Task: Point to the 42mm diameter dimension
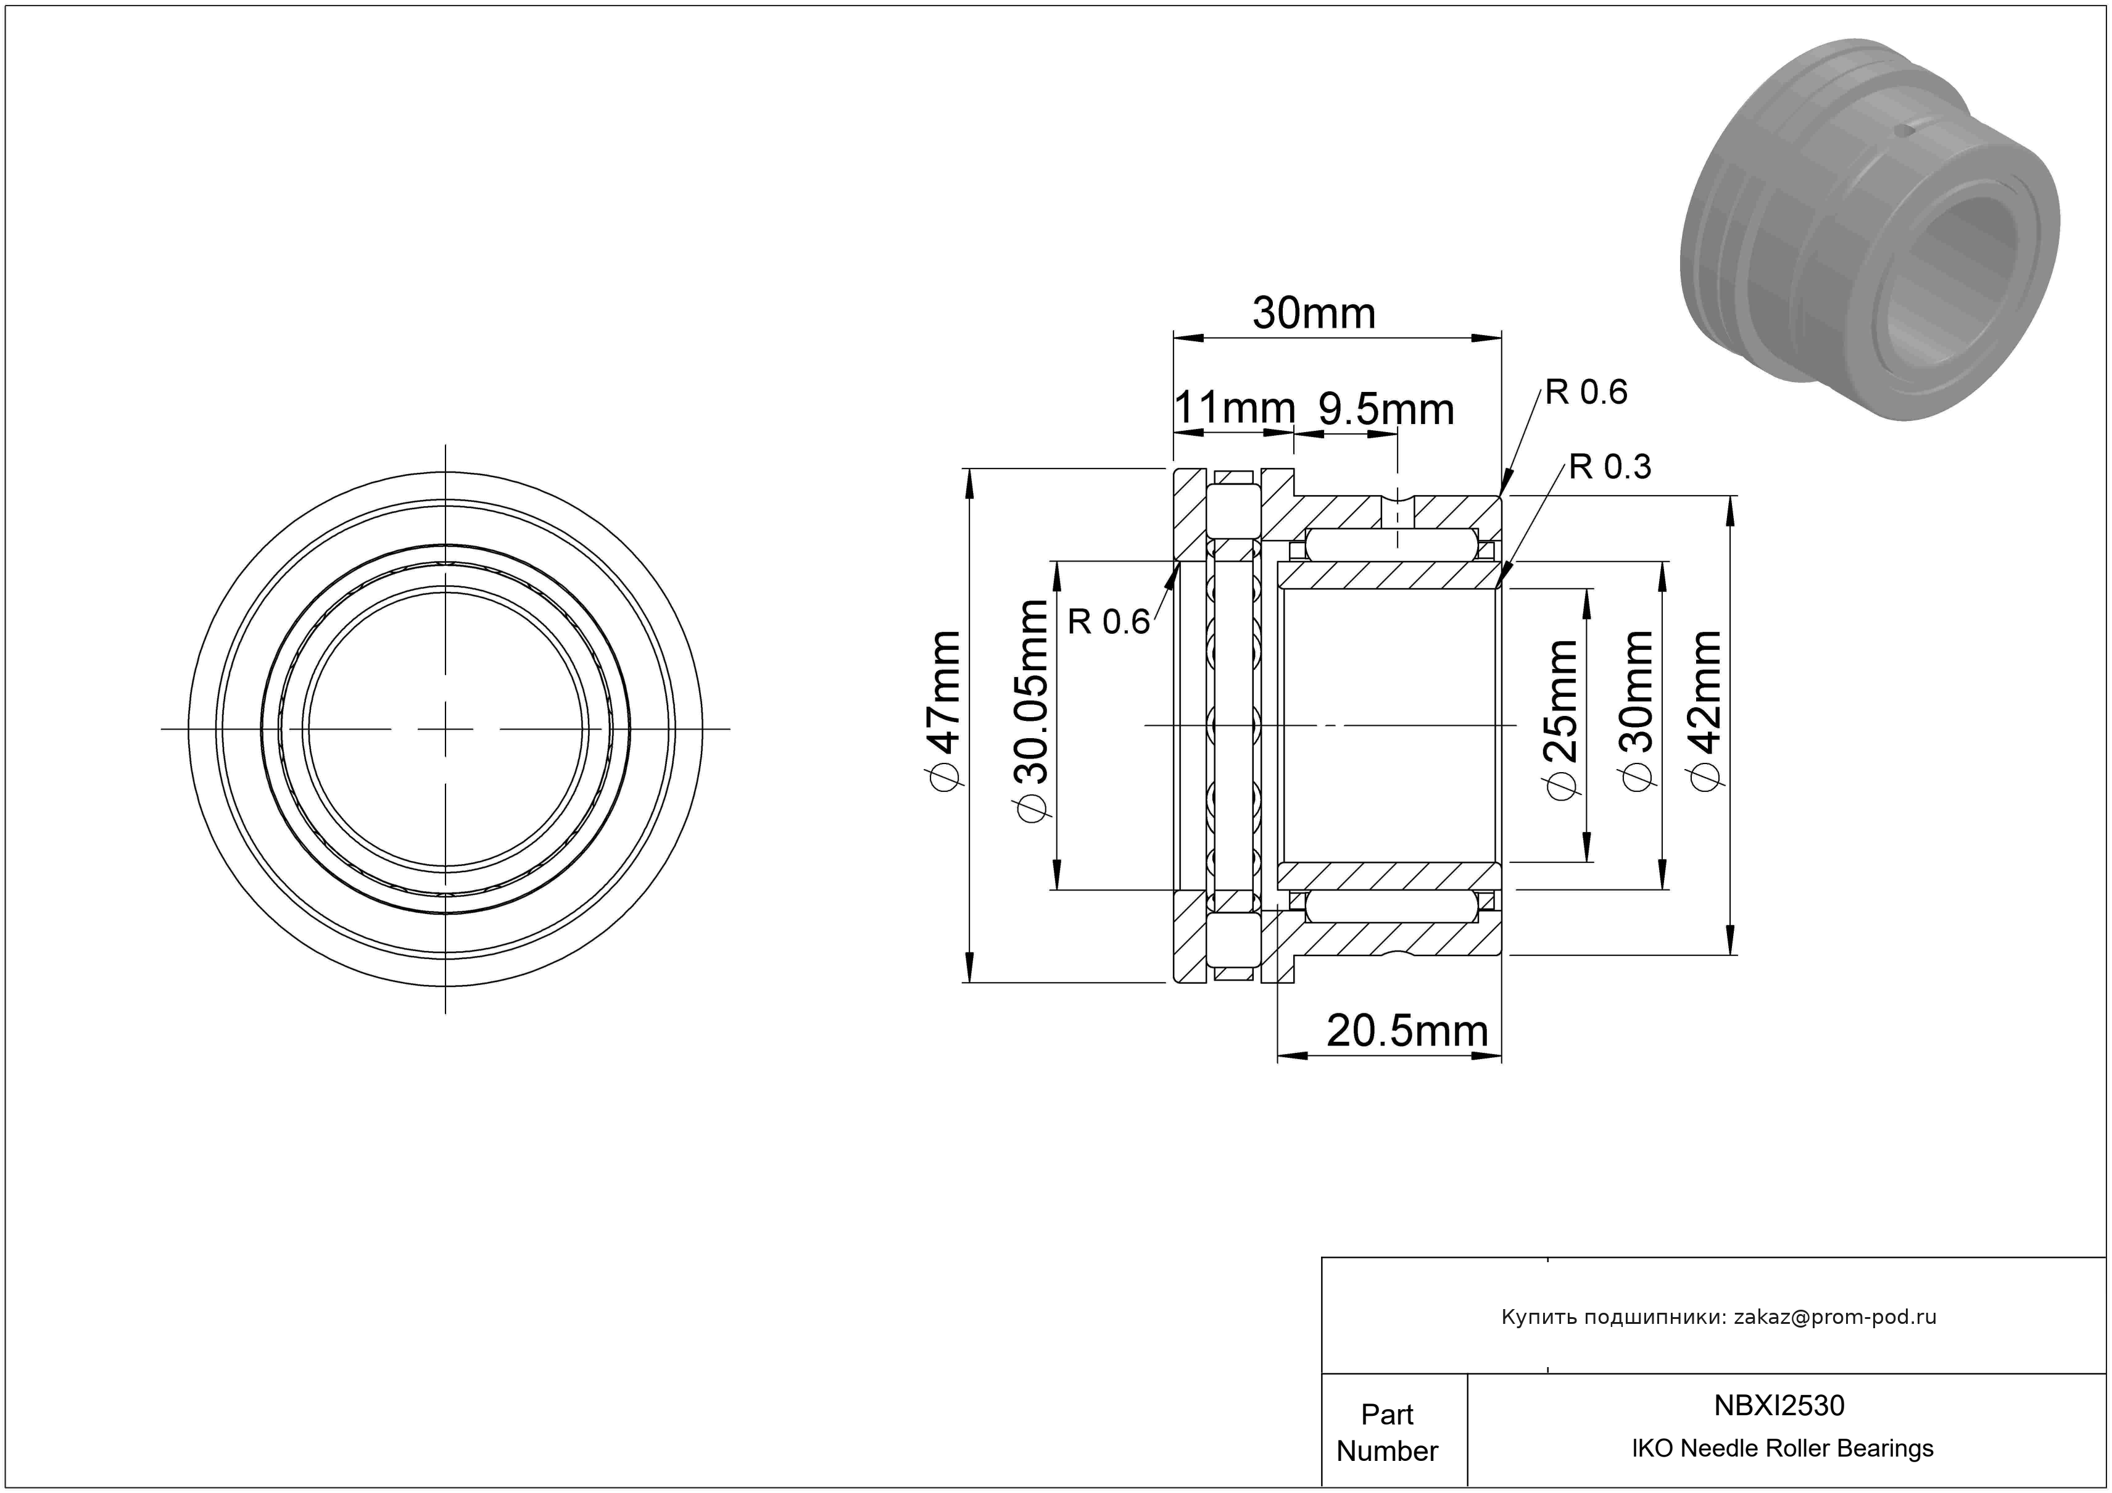[x=1707, y=710]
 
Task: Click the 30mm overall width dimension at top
[x=1314, y=314]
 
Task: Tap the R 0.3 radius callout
[x=1610, y=467]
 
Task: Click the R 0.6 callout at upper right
[x=1586, y=393]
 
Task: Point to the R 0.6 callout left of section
[x=1108, y=623]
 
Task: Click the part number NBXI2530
[x=1779, y=1405]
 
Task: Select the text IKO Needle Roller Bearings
[x=1783, y=1448]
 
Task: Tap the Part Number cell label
[x=1387, y=1433]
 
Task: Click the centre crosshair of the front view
[x=445, y=730]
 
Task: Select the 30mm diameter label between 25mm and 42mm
[x=1638, y=710]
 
